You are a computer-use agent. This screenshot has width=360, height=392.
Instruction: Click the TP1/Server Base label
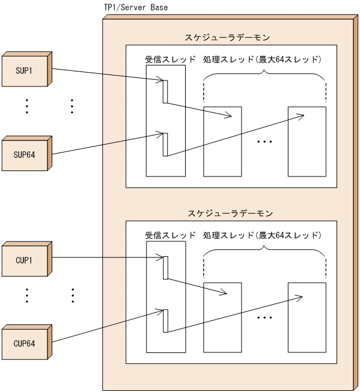[136, 7]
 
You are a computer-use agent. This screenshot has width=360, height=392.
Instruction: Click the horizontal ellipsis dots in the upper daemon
[264, 142]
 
